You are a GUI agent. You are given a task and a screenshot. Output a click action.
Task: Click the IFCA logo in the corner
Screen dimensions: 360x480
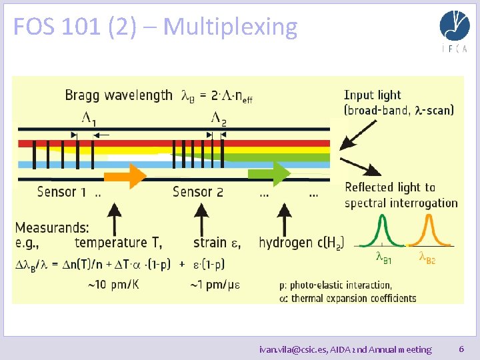[454, 31]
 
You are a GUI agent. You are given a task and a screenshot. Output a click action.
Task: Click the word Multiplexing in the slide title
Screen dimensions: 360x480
[230, 27]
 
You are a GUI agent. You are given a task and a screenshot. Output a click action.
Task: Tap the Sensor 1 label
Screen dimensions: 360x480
[61, 193]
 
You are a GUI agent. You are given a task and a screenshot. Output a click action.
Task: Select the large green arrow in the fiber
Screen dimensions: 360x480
[269, 174]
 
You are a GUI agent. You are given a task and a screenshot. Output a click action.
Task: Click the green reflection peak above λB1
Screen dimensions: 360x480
[379, 236]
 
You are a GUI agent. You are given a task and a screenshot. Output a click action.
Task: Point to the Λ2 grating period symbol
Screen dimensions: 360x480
[219, 118]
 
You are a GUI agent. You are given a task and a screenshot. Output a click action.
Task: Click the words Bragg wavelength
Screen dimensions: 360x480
[118, 95]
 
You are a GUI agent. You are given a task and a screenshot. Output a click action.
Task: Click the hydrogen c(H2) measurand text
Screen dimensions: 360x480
[299, 243]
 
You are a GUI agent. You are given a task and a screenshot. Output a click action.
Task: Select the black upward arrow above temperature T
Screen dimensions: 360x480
[114, 217]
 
